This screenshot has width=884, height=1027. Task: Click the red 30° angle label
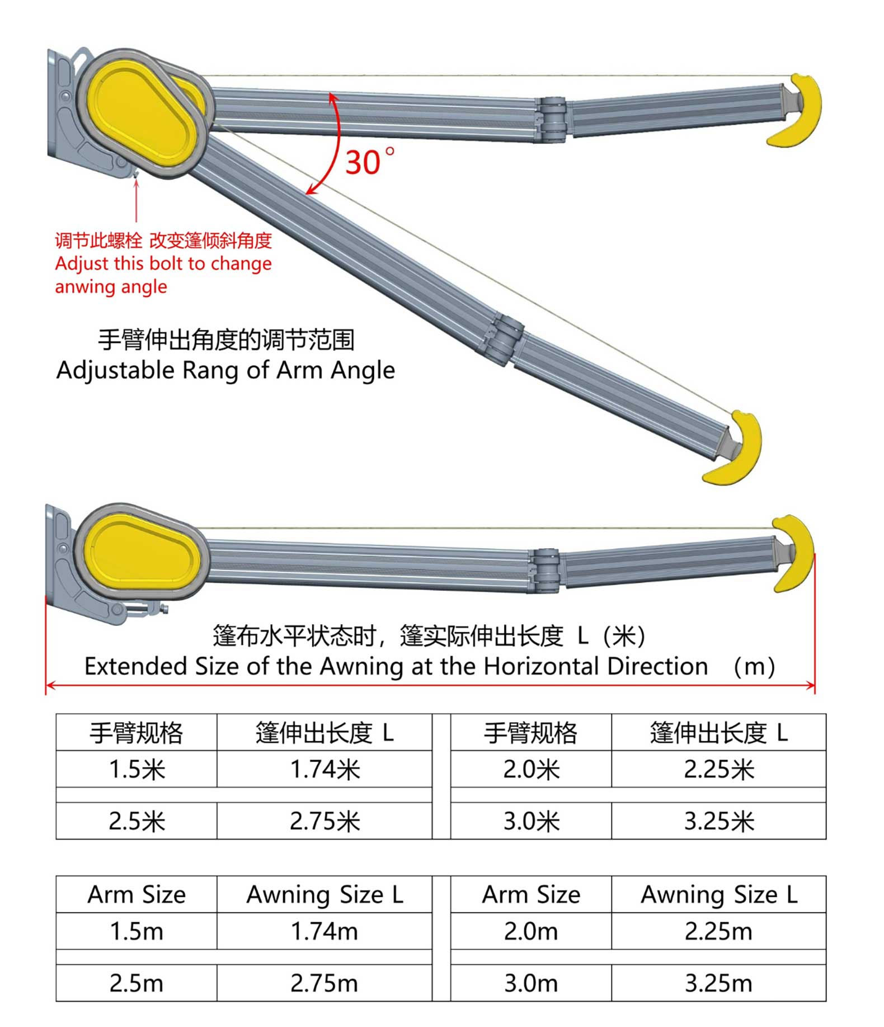point(370,162)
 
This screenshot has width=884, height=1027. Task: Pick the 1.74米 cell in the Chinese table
point(325,770)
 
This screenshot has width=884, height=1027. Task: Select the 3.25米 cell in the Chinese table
point(718,821)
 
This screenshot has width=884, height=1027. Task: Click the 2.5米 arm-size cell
point(137,821)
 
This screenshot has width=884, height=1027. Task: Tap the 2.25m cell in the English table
point(718,931)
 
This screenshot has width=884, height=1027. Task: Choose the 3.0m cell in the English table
point(531,983)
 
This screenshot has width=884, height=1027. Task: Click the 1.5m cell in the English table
point(137,931)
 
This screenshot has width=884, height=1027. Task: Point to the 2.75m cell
point(325,983)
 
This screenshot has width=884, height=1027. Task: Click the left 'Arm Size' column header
point(137,895)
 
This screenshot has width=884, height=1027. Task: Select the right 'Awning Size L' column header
point(719,895)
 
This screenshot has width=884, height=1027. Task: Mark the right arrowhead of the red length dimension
point(811,685)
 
